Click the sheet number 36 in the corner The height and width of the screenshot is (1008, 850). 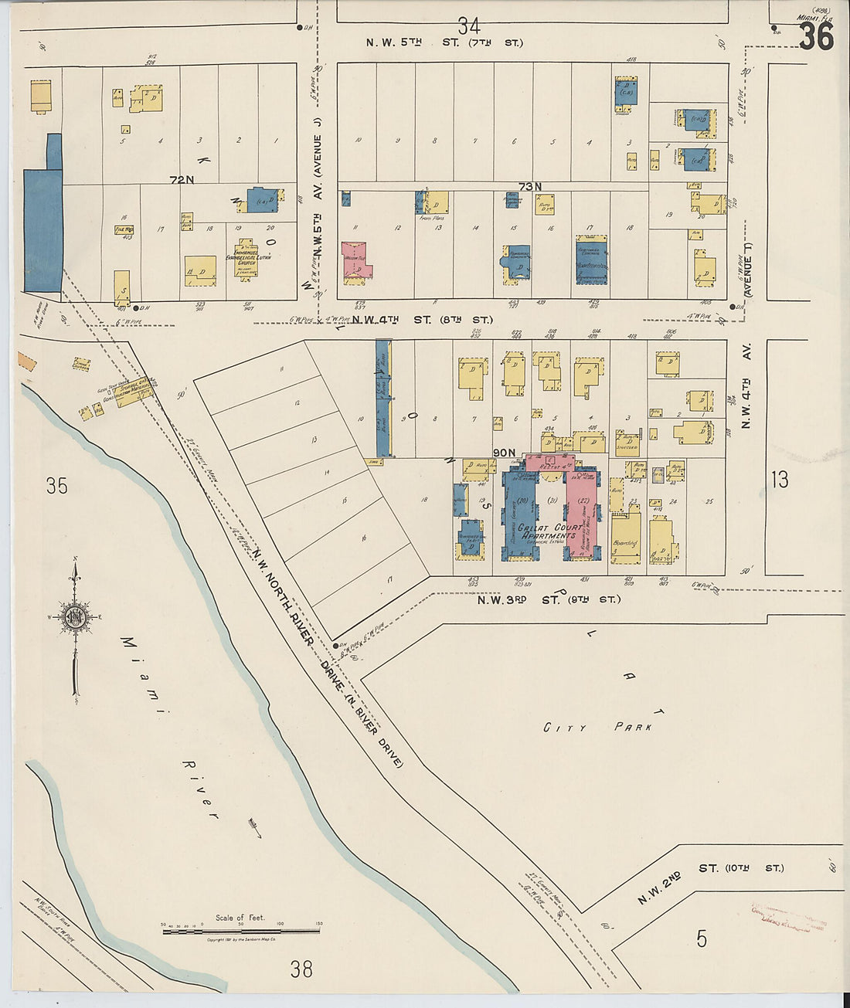[815, 36]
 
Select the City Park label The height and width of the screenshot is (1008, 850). [597, 727]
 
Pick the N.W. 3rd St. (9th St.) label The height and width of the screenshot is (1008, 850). [548, 599]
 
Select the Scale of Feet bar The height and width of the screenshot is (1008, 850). [240, 931]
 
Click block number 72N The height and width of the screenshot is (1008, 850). [182, 180]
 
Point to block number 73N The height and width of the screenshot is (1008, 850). [530, 186]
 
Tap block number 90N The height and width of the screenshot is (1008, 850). [503, 453]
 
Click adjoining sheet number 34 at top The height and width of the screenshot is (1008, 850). [468, 25]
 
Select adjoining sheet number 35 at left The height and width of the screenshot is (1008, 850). [56, 485]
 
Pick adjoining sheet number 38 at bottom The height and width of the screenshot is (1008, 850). [301, 968]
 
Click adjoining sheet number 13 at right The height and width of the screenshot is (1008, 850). [780, 480]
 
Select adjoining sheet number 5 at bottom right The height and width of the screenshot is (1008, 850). [701, 939]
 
